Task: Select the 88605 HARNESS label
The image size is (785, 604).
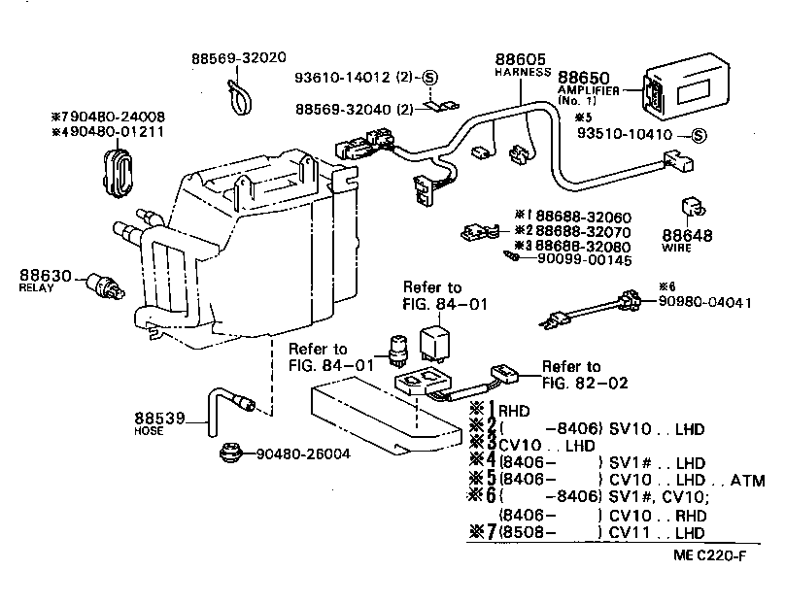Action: click(x=523, y=63)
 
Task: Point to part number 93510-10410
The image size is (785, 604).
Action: click(x=629, y=135)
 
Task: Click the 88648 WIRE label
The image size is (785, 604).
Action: click(x=688, y=240)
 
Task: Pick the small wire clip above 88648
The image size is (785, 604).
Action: click(x=691, y=209)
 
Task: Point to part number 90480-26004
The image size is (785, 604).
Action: click(x=304, y=454)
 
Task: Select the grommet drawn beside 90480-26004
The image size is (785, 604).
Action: click(x=232, y=453)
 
